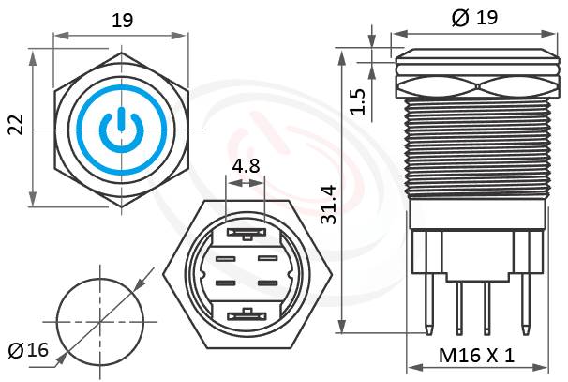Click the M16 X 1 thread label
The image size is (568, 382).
pyautogui.click(x=477, y=357)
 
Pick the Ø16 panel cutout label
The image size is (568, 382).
pyautogui.click(x=27, y=351)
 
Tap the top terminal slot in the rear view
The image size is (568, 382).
pyautogui.click(x=245, y=230)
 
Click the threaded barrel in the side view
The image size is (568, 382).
pyautogui.click(x=475, y=150)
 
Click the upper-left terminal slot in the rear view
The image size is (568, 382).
pyautogui.click(x=225, y=257)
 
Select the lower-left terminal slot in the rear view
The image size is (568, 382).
pyautogui.click(x=225, y=283)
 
